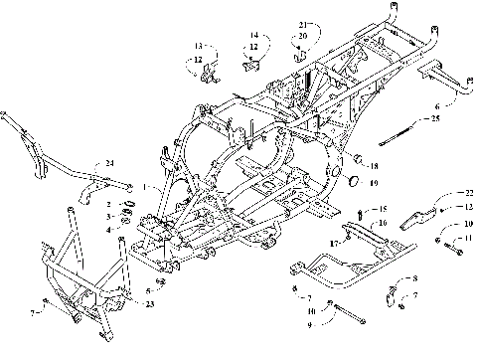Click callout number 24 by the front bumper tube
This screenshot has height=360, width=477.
click(109, 162)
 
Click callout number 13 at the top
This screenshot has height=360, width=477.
click(198, 46)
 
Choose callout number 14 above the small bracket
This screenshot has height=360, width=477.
click(253, 34)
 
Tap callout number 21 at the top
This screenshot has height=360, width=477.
click(304, 23)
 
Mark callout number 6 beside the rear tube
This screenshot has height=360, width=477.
click(436, 104)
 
